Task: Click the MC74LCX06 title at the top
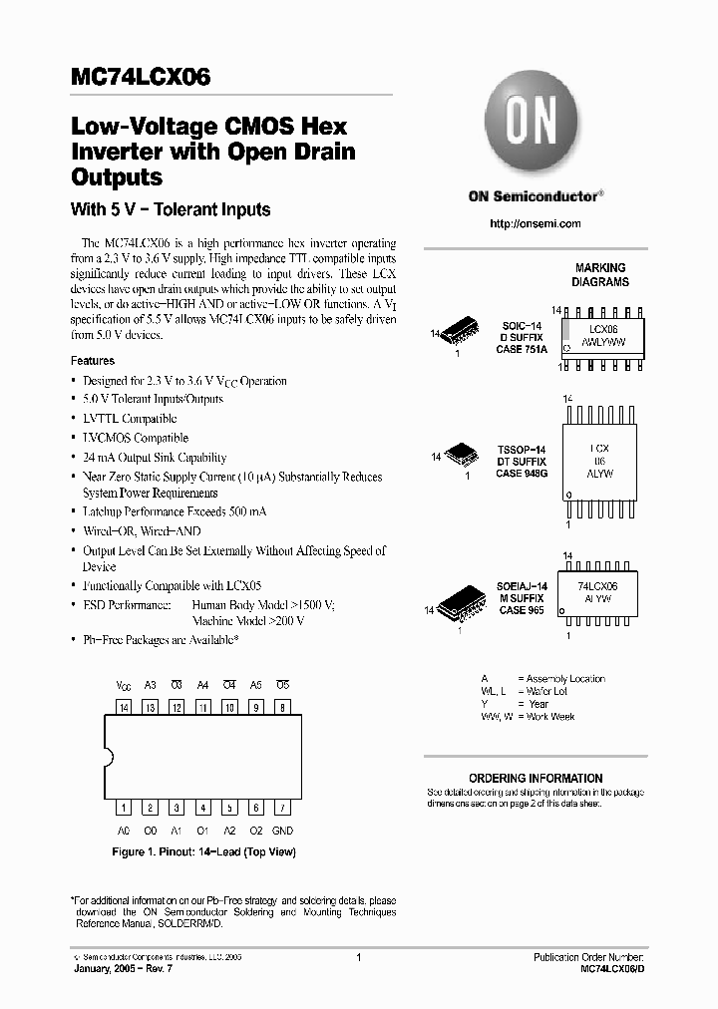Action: tap(141, 78)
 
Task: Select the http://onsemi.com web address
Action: tap(535, 223)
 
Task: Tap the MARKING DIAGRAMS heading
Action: tap(601, 274)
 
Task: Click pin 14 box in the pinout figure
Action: tap(124, 707)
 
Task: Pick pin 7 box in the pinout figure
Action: tap(282, 808)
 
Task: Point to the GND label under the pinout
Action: tap(282, 830)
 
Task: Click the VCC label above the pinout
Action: tap(124, 686)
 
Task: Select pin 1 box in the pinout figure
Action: tap(124, 808)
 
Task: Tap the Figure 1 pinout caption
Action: tap(203, 851)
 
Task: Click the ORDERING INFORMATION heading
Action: tap(536, 778)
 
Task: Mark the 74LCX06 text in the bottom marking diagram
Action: tap(597, 587)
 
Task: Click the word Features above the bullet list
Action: tap(92, 361)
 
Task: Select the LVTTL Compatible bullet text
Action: tap(130, 419)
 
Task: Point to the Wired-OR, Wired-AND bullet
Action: tap(146, 531)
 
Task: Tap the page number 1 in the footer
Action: tap(358, 956)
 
